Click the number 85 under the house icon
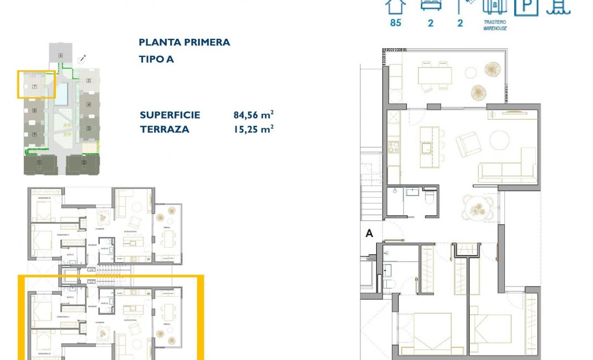point(396,23)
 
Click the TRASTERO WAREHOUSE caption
point(495,25)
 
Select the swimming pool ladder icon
point(559,6)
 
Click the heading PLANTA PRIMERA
point(184,43)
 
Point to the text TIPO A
point(156,59)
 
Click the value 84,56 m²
point(253,115)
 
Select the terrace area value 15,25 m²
point(253,129)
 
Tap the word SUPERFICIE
point(170,115)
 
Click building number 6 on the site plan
point(60,55)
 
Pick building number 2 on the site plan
point(84,163)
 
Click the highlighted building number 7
point(34,86)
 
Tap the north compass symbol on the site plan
point(83,58)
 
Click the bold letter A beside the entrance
point(369,234)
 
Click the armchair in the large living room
point(467,144)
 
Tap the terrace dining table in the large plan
point(435,74)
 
